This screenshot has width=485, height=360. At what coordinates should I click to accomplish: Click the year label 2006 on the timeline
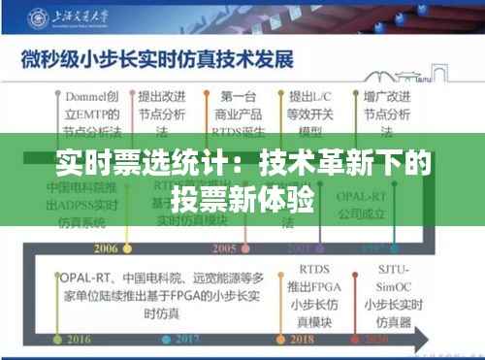[109, 246]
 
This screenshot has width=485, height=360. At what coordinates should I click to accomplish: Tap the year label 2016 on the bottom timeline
[51, 340]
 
